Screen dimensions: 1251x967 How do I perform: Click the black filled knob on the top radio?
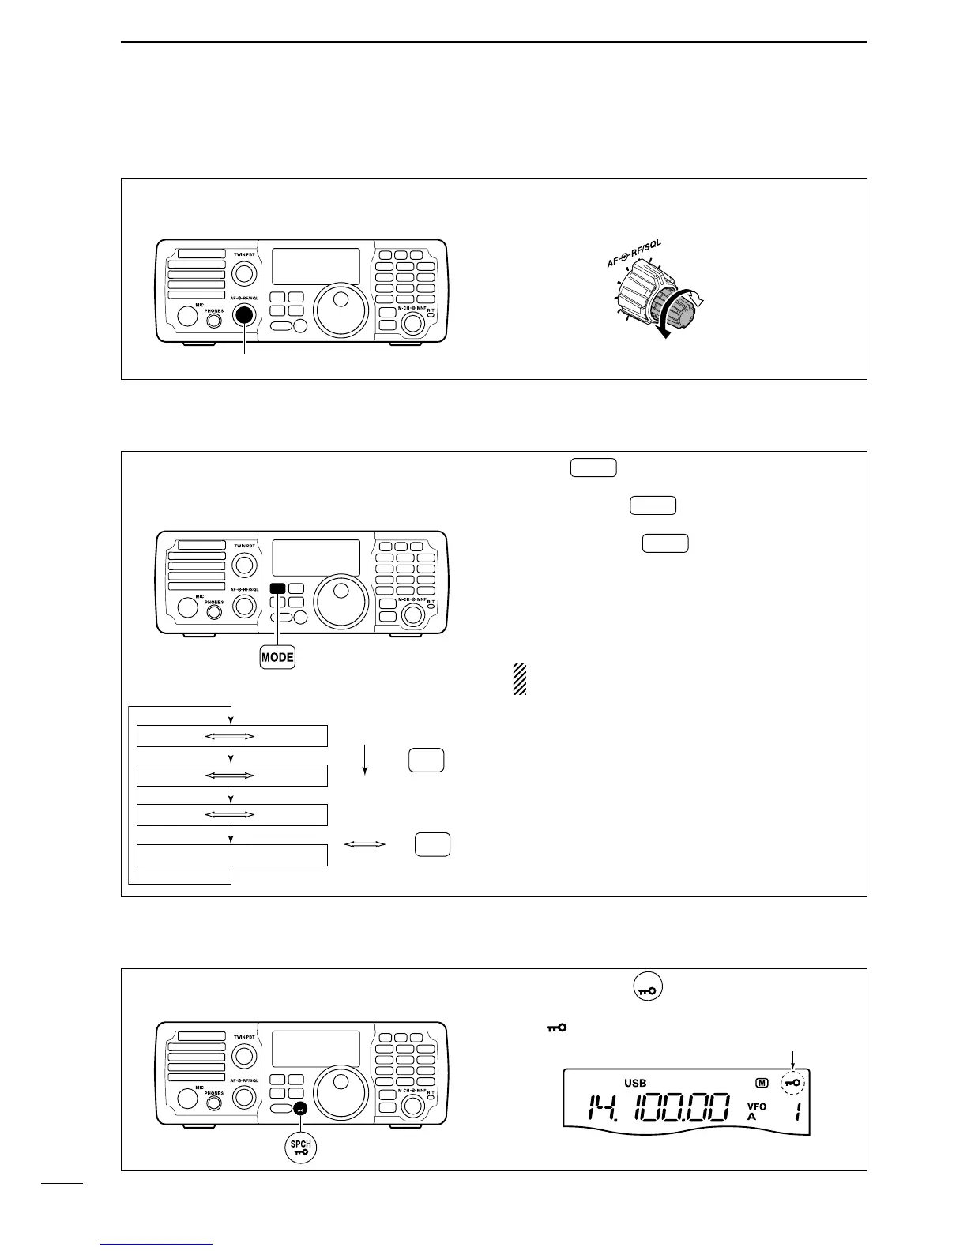pos(244,314)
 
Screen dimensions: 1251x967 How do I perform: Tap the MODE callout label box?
pos(277,656)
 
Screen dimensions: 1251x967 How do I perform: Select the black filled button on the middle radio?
pos(277,588)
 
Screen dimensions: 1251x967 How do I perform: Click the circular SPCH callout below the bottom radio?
pos(300,1146)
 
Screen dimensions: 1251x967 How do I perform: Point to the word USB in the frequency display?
pos(635,1082)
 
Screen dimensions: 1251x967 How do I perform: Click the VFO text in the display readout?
pos(756,1106)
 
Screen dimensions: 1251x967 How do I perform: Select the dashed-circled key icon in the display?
pos(792,1083)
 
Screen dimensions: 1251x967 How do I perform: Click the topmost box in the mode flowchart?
pos(231,736)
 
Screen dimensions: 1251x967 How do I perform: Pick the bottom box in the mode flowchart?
pos(231,855)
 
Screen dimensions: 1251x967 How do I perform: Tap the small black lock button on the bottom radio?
pos(300,1109)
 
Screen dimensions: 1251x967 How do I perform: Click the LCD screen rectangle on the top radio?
pos(316,266)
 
